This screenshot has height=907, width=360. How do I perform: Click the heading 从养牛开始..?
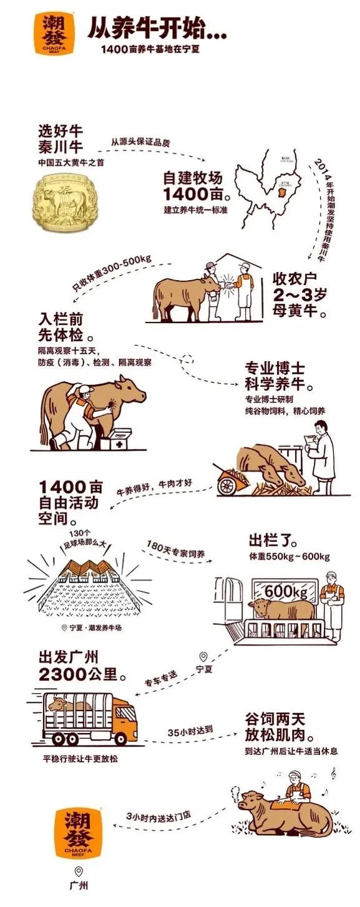click(156, 28)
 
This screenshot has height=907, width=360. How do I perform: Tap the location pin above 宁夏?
click(203, 656)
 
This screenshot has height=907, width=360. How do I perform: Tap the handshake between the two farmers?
click(227, 283)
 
